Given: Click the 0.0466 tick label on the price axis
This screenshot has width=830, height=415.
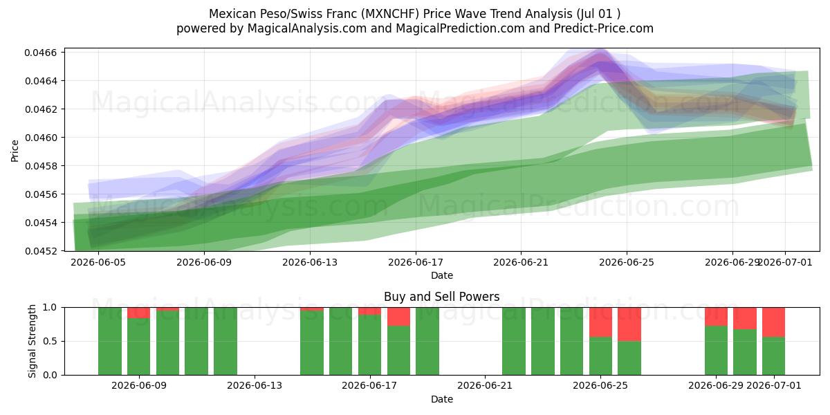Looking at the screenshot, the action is (41, 53).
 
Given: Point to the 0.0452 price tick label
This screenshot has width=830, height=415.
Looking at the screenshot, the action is (41, 251).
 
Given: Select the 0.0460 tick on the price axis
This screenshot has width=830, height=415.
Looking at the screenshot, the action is (41, 138).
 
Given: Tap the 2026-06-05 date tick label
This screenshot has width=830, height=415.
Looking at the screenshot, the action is (98, 262).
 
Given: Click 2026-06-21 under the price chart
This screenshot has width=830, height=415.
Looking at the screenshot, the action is (521, 262).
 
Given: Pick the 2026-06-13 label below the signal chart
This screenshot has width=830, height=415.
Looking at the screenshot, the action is (255, 386).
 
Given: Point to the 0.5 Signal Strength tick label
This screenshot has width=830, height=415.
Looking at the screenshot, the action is (50, 341).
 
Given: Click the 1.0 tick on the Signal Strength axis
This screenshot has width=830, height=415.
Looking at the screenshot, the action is (50, 308).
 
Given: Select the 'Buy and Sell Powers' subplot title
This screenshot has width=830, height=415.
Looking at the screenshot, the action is (442, 297).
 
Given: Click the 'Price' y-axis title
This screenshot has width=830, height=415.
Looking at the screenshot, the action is (15, 151).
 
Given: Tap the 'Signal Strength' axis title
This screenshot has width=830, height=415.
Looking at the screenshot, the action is (33, 341).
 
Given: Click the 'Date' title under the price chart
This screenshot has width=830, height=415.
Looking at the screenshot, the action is (442, 275).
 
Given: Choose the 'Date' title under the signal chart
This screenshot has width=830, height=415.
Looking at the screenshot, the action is (442, 399).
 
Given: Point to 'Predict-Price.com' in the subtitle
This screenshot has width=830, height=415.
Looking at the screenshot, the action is (604, 28).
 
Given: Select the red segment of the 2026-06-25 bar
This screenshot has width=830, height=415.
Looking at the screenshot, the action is (600, 322).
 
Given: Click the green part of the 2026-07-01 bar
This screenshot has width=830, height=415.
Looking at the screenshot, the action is (774, 356).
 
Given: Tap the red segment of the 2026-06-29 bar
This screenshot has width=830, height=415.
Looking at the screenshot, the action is (716, 317).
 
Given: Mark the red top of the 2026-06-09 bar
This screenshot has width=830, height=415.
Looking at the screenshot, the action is (139, 313).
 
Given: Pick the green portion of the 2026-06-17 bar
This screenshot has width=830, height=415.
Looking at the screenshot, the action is (370, 345).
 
